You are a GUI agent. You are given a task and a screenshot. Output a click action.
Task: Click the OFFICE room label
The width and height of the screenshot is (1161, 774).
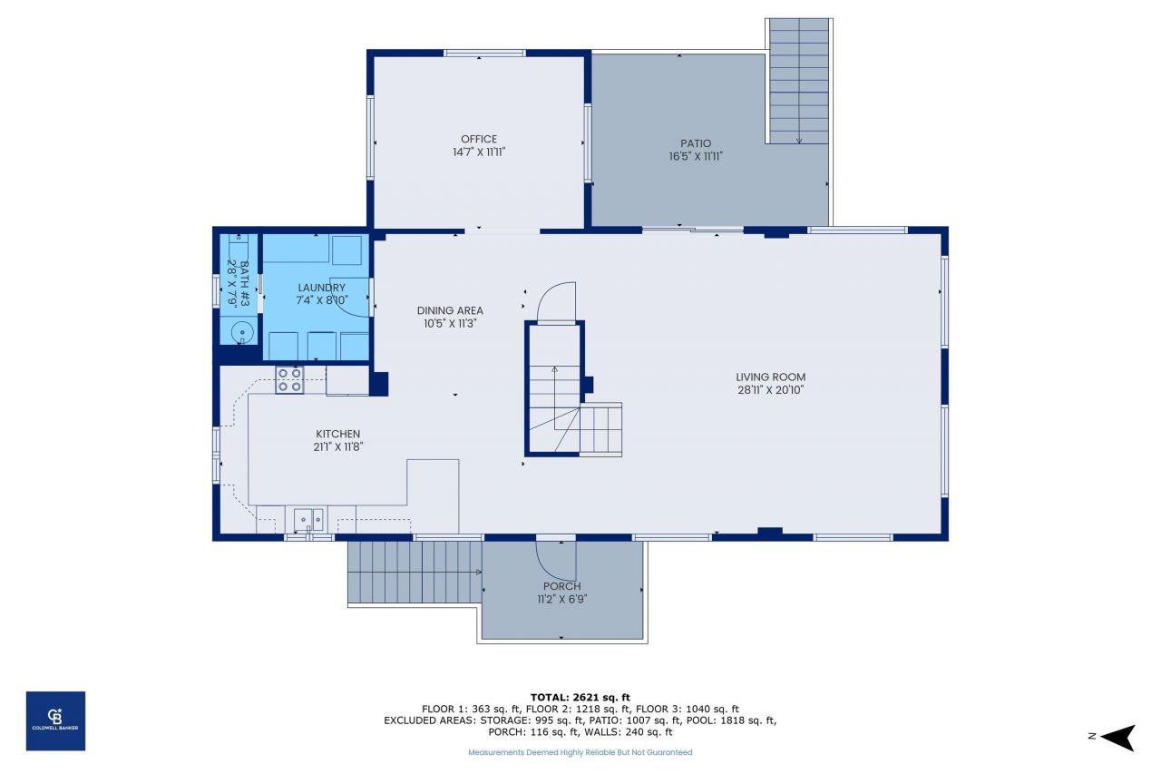click(x=479, y=139)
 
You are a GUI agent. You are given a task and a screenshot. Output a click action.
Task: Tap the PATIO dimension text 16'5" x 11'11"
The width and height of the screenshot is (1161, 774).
click(x=696, y=156)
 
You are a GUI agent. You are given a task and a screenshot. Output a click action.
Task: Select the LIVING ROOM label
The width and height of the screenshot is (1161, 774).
click(x=770, y=377)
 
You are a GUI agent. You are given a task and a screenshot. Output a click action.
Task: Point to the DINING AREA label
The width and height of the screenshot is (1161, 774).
click(x=450, y=310)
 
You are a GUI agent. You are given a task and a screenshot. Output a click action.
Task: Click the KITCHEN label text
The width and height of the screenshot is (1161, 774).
click(x=337, y=434)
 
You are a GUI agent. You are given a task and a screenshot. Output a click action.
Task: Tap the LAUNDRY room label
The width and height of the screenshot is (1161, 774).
click(x=321, y=288)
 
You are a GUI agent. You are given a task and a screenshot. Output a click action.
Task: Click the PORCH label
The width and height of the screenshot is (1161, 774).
click(x=561, y=586)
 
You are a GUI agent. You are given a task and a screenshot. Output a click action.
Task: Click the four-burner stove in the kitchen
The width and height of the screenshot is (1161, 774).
click(x=289, y=379)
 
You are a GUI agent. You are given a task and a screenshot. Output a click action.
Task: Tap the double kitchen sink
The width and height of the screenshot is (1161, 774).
click(x=308, y=520)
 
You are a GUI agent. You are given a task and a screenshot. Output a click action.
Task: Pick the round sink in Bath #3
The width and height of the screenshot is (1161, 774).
click(x=241, y=333)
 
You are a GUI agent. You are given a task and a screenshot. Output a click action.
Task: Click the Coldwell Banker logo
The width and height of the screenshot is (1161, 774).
click(x=55, y=720)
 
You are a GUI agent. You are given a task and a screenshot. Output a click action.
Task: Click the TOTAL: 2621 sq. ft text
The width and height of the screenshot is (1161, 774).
click(x=580, y=697)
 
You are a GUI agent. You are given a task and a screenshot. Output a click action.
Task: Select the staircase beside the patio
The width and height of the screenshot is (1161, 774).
click(x=798, y=82)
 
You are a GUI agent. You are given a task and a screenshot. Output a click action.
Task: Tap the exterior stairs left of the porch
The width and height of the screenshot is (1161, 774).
click(x=415, y=573)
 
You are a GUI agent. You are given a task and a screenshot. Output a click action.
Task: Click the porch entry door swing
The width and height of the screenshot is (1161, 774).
click(x=555, y=561)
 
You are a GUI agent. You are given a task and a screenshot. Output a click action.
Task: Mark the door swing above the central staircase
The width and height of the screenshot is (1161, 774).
click(x=556, y=303)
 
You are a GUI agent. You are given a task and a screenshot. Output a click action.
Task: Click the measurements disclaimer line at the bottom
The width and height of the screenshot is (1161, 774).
click(x=580, y=752)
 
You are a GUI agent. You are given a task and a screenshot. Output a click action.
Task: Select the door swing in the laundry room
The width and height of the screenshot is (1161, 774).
click(x=349, y=297)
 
